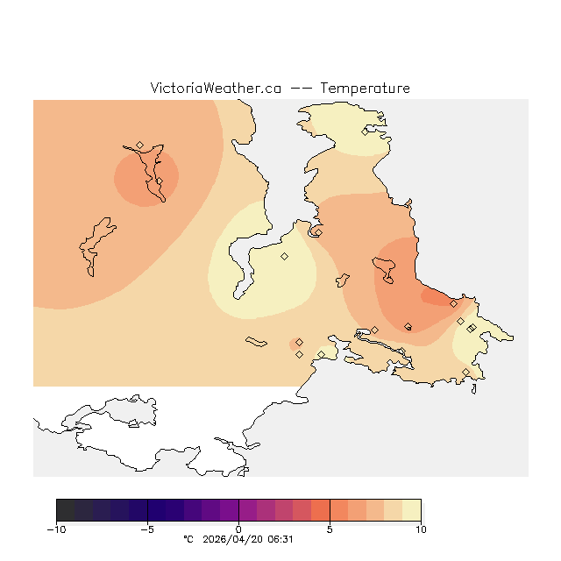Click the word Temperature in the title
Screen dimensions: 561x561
point(365,89)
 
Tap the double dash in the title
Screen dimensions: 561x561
point(300,89)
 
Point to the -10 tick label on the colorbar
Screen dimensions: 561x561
point(56,529)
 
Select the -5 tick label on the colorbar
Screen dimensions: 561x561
point(147,529)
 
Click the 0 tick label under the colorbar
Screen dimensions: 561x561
point(238,529)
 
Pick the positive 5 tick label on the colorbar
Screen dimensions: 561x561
point(330,529)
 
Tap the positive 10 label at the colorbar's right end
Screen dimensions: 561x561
point(421,529)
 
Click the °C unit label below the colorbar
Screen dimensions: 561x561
point(188,540)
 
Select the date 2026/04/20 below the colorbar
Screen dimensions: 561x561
point(233,540)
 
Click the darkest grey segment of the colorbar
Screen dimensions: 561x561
point(65,510)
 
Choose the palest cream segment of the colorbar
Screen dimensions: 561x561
point(411,510)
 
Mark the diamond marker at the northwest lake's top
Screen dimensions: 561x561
point(139,145)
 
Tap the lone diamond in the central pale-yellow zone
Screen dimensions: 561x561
point(284,256)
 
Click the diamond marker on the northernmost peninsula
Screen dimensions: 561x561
point(365,131)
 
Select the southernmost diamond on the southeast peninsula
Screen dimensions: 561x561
point(465,373)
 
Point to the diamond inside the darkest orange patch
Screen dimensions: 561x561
point(453,303)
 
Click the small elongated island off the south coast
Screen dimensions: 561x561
point(256,342)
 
